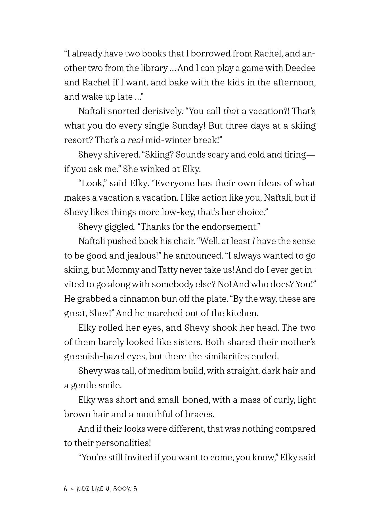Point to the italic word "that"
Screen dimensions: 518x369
click(x=231, y=111)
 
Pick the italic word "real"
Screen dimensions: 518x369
click(x=135, y=140)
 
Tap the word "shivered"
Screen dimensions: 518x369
click(x=122, y=155)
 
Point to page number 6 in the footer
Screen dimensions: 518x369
click(x=66, y=489)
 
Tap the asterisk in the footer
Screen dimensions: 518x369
click(x=72, y=489)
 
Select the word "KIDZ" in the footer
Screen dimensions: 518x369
click(x=83, y=489)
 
